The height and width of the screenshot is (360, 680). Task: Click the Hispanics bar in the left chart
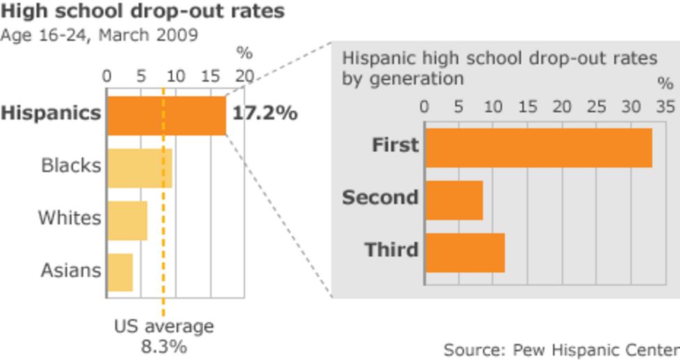(167, 115)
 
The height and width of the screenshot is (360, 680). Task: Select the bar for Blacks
(139, 168)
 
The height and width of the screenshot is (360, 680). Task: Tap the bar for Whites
(127, 220)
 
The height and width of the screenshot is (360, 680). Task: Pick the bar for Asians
(120, 272)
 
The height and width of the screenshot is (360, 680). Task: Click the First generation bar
(538, 148)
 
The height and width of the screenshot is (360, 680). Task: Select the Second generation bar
(454, 200)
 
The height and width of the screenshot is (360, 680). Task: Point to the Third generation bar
(464, 252)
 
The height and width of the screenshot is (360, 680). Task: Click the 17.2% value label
(265, 114)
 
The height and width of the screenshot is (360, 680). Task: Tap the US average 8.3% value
(164, 346)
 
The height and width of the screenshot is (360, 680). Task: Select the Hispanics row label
(51, 114)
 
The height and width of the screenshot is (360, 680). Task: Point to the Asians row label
(70, 270)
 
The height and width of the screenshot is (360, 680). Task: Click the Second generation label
(380, 198)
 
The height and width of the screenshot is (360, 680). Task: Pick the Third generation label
(391, 249)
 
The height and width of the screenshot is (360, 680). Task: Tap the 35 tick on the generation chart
(665, 107)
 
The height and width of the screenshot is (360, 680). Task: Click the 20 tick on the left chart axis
(245, 75)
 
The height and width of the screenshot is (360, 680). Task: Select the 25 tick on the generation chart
(596, 107)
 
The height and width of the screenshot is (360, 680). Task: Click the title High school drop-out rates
(142, 12)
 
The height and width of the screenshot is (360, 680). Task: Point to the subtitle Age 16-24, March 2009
(99, 35)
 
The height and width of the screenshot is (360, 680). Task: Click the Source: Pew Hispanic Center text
(561, 349)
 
